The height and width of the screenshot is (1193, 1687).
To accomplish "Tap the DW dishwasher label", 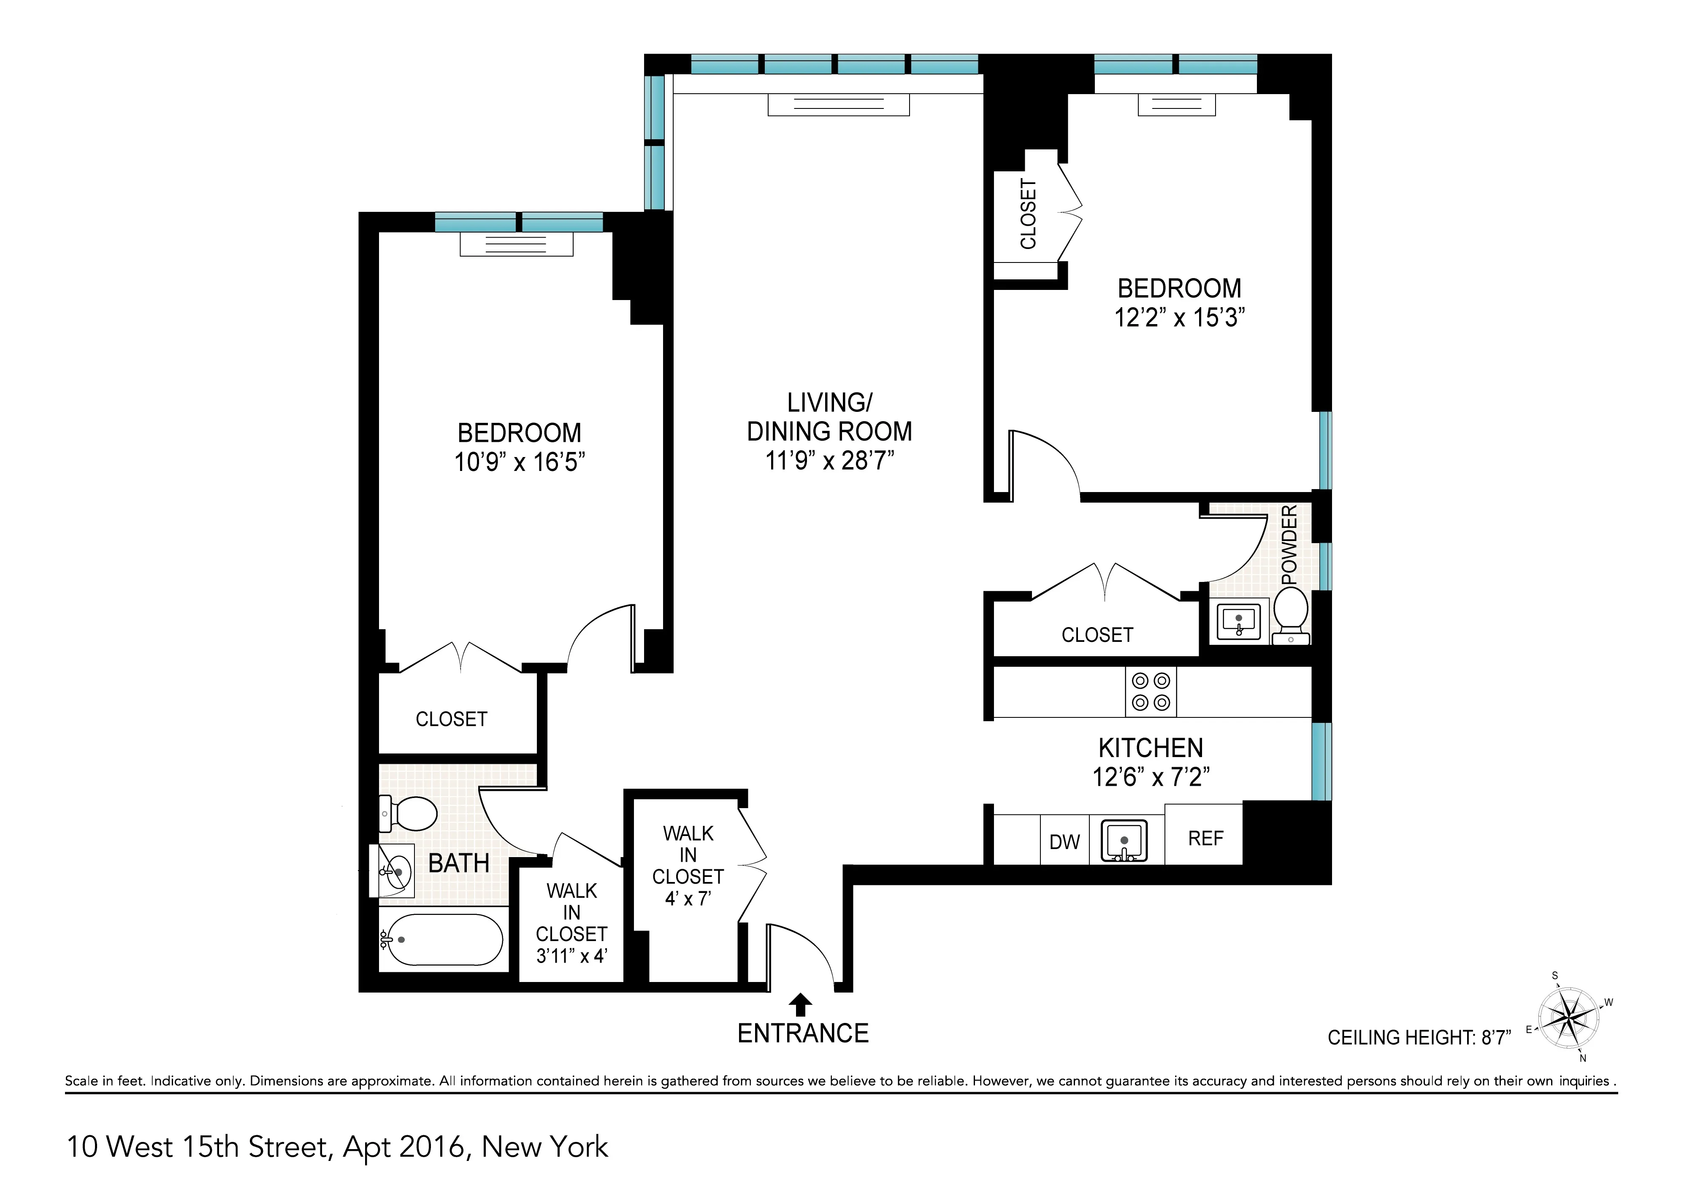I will (x=1064, y=842).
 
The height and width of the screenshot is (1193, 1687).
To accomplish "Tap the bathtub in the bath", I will (x=444, y=939).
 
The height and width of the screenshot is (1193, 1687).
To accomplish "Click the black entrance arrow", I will (x=802, y=1004).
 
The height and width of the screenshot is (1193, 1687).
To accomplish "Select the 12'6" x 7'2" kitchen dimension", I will (x=1151, y=776).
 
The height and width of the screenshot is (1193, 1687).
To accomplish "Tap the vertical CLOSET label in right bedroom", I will (x=1028, y=214).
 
